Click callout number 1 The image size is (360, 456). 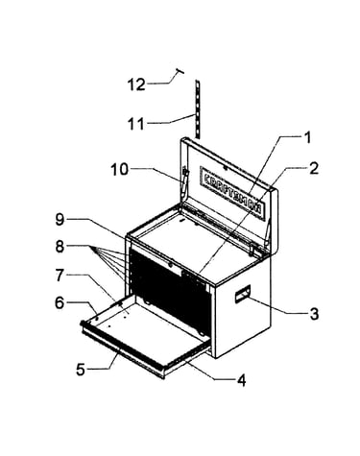click(306, 137)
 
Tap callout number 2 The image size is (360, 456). click(314, 169)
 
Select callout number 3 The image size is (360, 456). click(314, 314)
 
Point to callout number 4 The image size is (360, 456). click(241, 380)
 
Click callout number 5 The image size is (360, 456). click(81, 370)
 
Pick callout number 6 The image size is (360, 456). click(60, 302)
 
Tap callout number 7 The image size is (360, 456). click(60, 276)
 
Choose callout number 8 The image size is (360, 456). click(60, 247)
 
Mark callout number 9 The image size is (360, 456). click(60, 220)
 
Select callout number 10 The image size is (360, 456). click(120, 169)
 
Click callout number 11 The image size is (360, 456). click(136, 124)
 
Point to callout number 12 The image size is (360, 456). click(136, 84)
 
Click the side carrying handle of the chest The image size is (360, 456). click(243, 294)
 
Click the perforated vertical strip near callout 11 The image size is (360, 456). click(198, 109)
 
